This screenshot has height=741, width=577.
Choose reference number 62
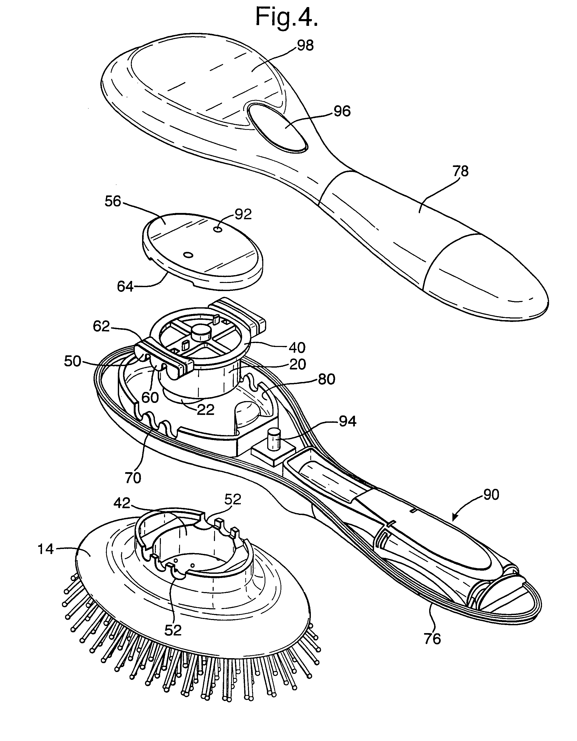[x=101, y=326]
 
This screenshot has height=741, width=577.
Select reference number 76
[x=432, y=639]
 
